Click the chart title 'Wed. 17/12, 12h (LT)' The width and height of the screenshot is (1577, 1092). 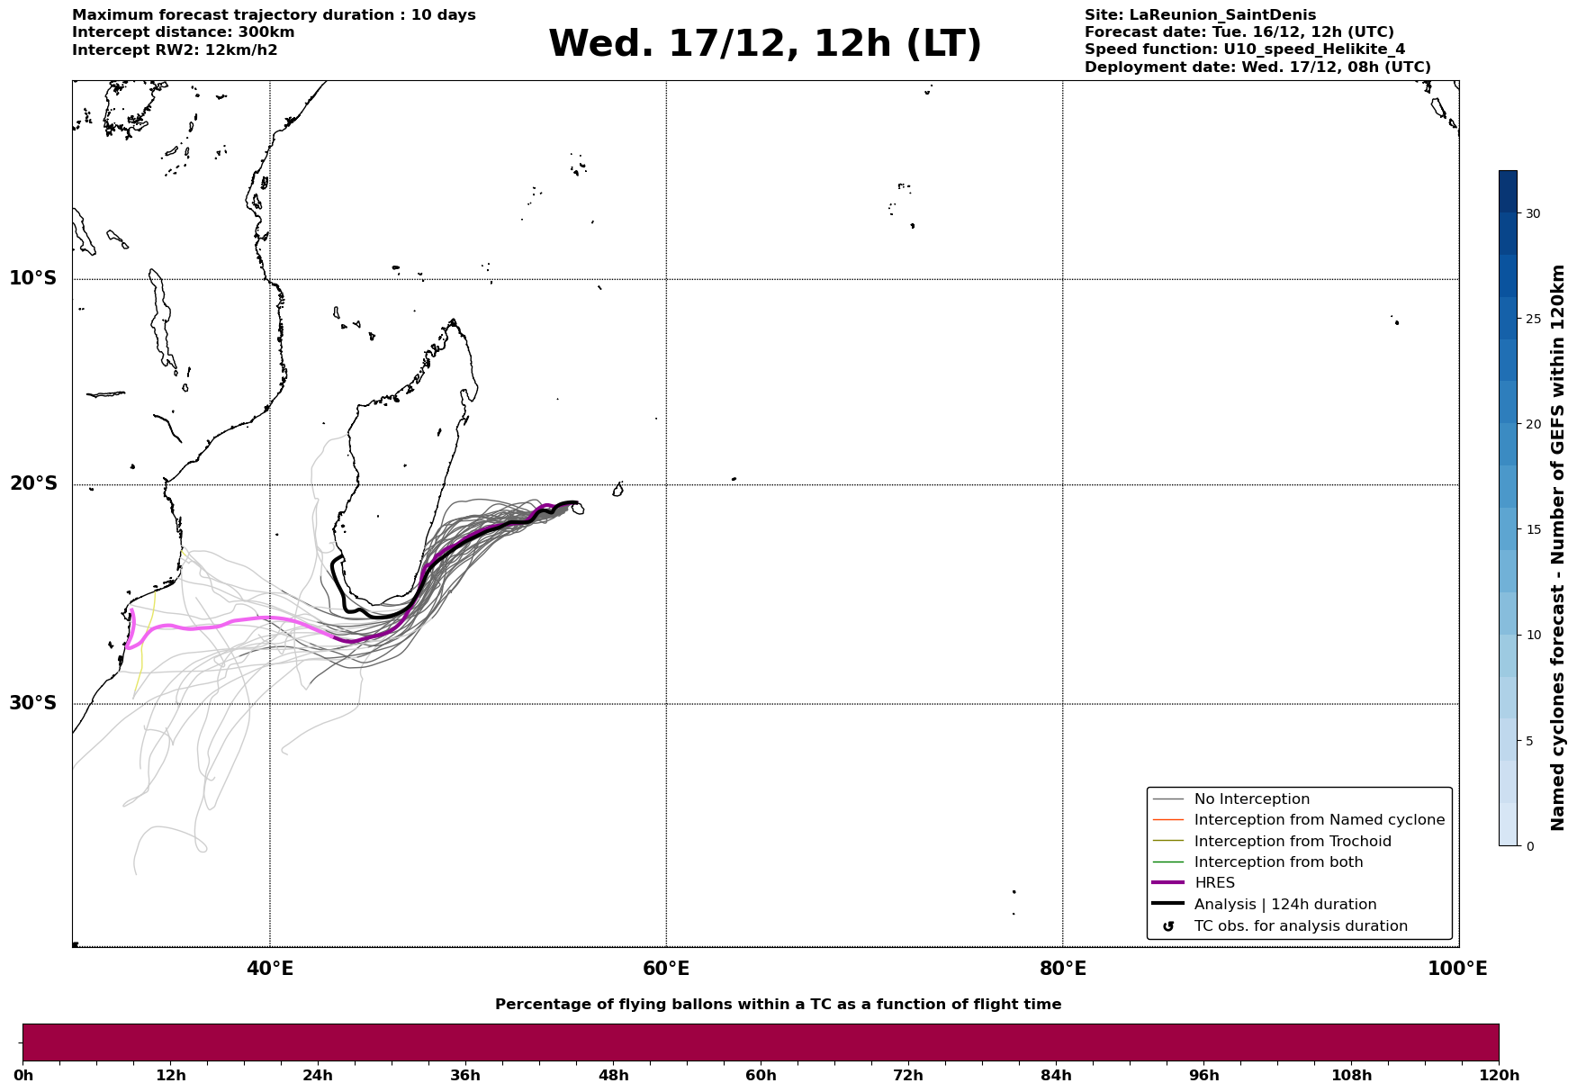[764, 44]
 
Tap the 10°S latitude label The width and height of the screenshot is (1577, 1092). [33, 278]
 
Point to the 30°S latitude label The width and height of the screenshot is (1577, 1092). [33, 703]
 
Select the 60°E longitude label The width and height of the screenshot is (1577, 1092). [666, 970]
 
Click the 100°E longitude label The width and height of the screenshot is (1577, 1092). [1457, 970]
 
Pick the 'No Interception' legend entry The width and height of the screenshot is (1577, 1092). [1251, 799]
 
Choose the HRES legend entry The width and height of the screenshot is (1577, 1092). [1214, 883]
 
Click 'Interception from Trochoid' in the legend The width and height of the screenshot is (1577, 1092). [1292, 842]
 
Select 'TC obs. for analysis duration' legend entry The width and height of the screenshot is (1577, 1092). [1300, 926]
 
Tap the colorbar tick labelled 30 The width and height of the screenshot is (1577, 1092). [1532, 213]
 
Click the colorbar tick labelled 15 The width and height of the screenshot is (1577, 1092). [1532, 529]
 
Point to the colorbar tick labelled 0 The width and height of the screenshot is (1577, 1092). [1529, 846]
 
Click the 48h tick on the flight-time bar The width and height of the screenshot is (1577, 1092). [613, 1075]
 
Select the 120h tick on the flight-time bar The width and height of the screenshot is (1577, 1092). [1499, 1075]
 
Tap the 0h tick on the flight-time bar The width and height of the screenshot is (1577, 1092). [23, 1075]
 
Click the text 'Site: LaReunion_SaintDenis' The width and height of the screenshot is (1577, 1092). [1200, 15]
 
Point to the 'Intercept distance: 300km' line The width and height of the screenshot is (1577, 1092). [183, 32]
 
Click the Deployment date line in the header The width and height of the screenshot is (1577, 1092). [1257, 68]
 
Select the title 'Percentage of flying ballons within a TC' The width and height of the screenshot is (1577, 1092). [778, 1005]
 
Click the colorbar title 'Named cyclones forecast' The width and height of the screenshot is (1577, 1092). [1558, 547]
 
